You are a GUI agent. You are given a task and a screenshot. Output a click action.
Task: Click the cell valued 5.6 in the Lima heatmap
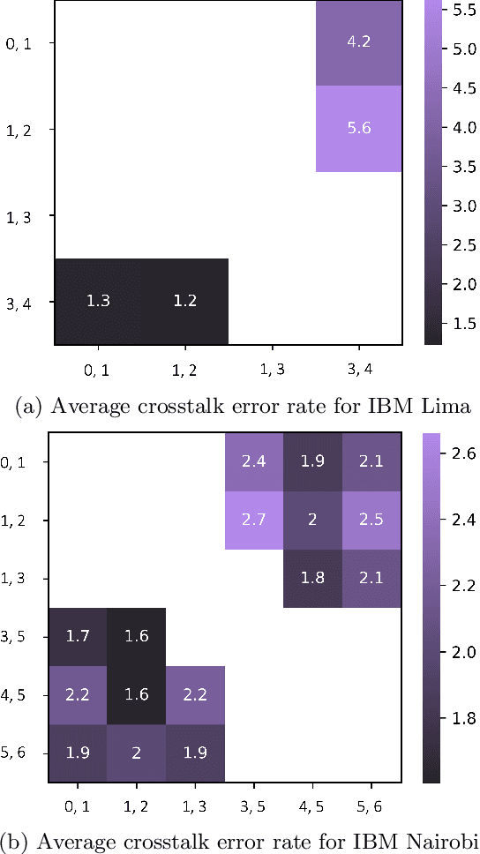(x=359, y=128)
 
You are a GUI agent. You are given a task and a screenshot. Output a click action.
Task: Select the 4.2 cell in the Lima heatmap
(x=359, y=41)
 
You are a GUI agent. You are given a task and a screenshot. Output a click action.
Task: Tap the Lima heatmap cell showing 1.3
(x=98, y=301)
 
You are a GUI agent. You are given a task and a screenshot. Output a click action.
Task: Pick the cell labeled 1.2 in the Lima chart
(x=184, y=301)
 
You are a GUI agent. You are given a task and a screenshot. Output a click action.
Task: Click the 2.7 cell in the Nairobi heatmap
(x=254, y=520)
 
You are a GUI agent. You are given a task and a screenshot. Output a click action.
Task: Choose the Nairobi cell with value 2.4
(x=254, y=461)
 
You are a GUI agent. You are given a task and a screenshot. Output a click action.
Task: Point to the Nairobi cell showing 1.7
(x=77, y=637)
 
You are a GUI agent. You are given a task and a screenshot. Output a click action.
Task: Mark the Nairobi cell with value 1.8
(x=312, y=579)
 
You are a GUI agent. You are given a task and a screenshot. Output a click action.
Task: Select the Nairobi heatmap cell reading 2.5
(x=371, y=520)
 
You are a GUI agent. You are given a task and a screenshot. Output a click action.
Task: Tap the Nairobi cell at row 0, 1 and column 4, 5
(x=312, y=461)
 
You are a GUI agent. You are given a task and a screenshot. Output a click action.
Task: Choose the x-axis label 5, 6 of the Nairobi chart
(x=371, y=805)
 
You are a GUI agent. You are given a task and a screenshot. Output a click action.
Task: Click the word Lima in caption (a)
(x=451, y=407)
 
